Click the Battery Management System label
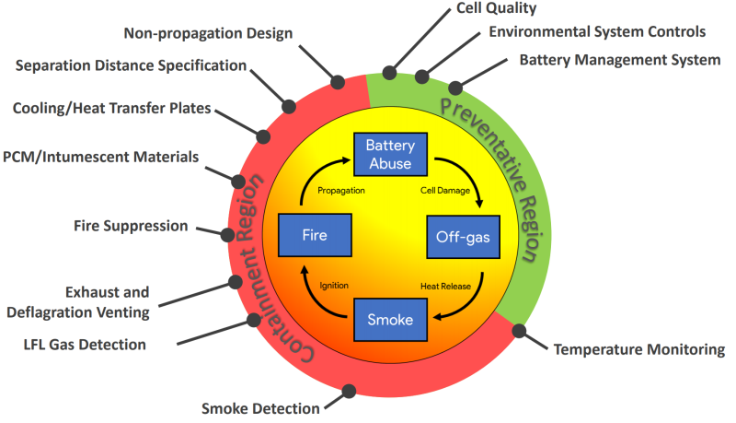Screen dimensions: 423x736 (x=620, y=61)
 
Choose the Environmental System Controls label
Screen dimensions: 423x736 (x=597, y=31)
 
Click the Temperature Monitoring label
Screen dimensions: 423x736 (x=638, y=349)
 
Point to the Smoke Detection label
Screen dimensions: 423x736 (x=260, y=407)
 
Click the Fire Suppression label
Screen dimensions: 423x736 (x=131, y=226)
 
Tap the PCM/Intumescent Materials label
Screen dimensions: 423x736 (x=100, y=156)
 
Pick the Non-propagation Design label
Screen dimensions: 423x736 (x=208, y=33)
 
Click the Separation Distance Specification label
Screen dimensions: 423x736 (x=131, y=65)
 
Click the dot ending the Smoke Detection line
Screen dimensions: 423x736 (x=349, y=391)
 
